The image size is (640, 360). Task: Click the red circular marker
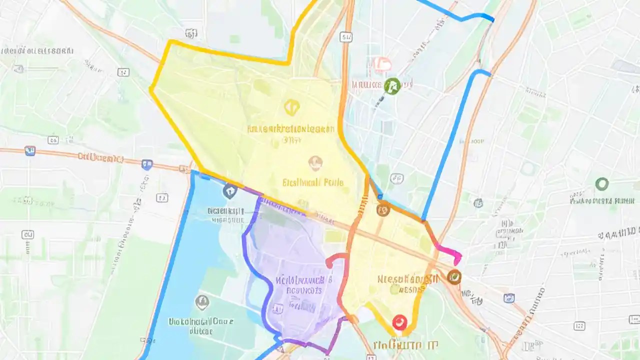pos(399,322)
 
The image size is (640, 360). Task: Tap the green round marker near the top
pos(392,85)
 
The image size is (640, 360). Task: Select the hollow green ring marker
pos(602,184)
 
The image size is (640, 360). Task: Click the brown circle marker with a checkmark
pos(454,276)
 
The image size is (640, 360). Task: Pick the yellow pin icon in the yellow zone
pos(291,107)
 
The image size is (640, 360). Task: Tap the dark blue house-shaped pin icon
pos(229,190)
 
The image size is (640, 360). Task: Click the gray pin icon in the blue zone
pos(201,301)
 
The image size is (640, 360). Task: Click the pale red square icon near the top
pos(381,64)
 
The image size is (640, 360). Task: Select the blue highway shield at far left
pos(30,150)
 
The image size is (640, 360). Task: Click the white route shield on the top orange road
pos(345,36)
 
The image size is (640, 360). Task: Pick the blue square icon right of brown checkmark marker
pos(509,298)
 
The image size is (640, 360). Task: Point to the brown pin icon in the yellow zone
pos(315,161)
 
